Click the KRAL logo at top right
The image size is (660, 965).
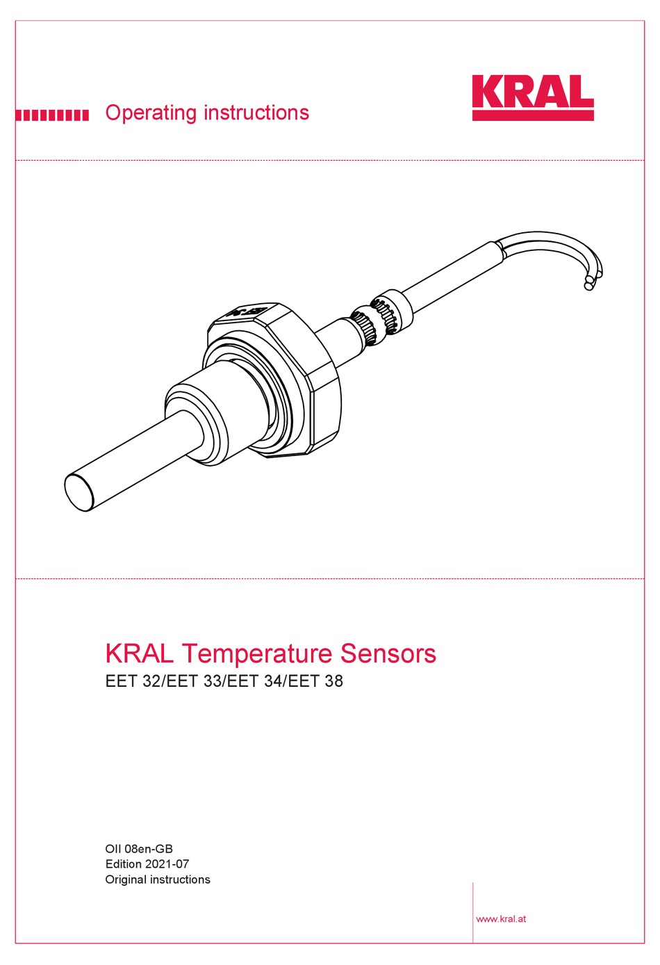(x=532, y=97)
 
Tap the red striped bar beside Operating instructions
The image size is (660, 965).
(x=52, y=115)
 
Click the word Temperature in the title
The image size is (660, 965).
(x=257, y=654)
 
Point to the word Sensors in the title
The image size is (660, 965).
(x=388, y=654)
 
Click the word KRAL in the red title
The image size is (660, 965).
(x=139, y=654)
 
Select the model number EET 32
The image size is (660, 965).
(x=133, y=681)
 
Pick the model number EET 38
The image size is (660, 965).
(x=315, y=681)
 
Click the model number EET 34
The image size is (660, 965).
(x=255, y=681)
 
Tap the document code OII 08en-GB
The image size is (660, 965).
(x=139, y=849)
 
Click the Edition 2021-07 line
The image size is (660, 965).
(x=147, y=864)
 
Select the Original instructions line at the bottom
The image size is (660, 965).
(x=157, y=879)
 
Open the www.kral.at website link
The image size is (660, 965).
(x=500, y=918)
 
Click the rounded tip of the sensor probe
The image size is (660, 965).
(x=79, y=492)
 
